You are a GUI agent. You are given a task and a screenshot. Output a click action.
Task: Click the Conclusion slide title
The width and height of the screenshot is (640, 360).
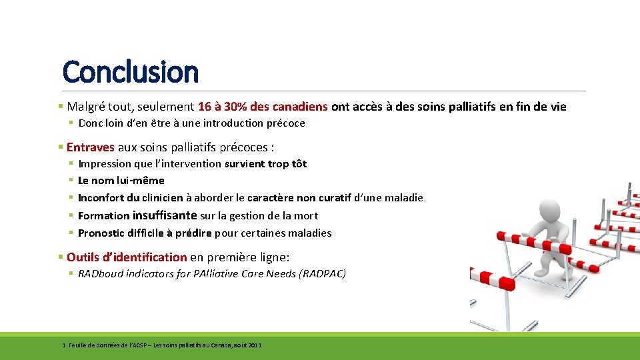[130, 71]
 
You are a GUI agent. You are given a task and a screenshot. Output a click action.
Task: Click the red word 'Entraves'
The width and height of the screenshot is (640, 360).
[91, 147]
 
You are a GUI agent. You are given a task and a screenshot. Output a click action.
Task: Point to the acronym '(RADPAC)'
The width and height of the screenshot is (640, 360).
[324, 273]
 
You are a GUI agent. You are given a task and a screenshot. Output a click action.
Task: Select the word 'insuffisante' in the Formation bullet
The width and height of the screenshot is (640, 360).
[165, 215]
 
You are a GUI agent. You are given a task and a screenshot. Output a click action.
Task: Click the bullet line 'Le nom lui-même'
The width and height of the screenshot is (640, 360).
[121, 180]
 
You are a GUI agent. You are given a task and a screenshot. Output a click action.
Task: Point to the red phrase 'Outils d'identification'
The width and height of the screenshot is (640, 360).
[127, 257]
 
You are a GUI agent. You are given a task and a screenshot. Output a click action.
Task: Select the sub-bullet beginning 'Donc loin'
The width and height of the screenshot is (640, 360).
[191, 123]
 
